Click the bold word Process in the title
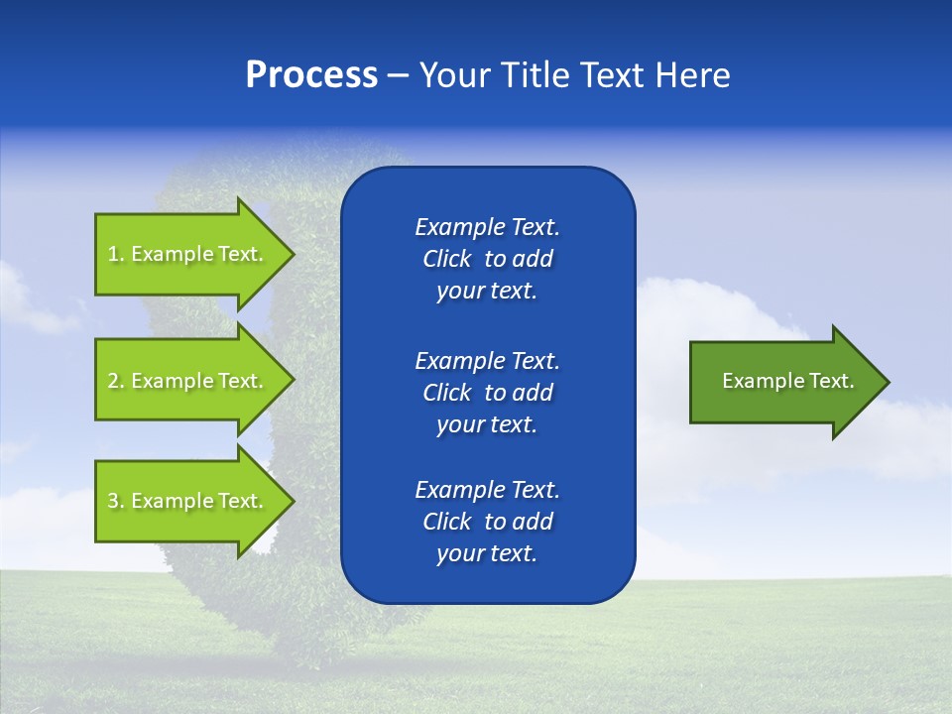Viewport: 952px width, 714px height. click(311, 75)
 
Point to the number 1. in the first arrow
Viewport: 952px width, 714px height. click(115, 254)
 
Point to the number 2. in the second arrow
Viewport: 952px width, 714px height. click(115, 381)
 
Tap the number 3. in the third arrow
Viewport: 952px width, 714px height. click(115, 501)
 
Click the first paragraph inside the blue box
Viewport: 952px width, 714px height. click(487, 259)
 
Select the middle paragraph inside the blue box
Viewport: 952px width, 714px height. click(487, 393)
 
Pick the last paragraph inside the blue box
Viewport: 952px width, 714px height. click(487, 522)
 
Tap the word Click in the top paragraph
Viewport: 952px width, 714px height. click(446, 259)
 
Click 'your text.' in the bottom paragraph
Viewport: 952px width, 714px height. click(487, 553)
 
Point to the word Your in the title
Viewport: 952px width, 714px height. click(452, 75)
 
